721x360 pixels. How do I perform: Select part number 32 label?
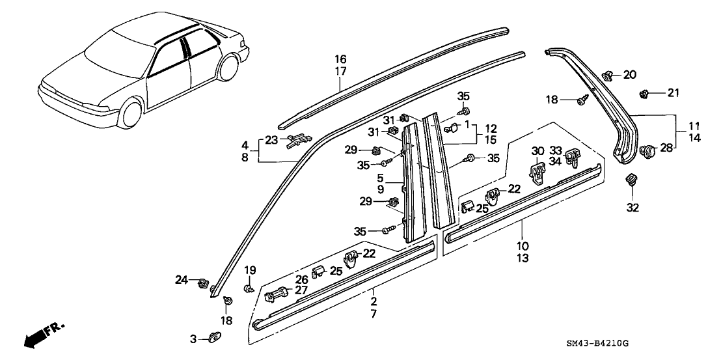pos(633,208)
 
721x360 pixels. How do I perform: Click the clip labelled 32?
pos(631,180)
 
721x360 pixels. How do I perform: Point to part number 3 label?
pos(193,339)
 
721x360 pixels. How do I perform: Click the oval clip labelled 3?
pos(214,337)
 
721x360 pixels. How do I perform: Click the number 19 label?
pos(250,270)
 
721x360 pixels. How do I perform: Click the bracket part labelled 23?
pos(297,138)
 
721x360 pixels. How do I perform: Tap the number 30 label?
pos(537,151)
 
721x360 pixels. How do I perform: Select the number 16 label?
pos(341,59)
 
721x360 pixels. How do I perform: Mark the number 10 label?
pos(523,246)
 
